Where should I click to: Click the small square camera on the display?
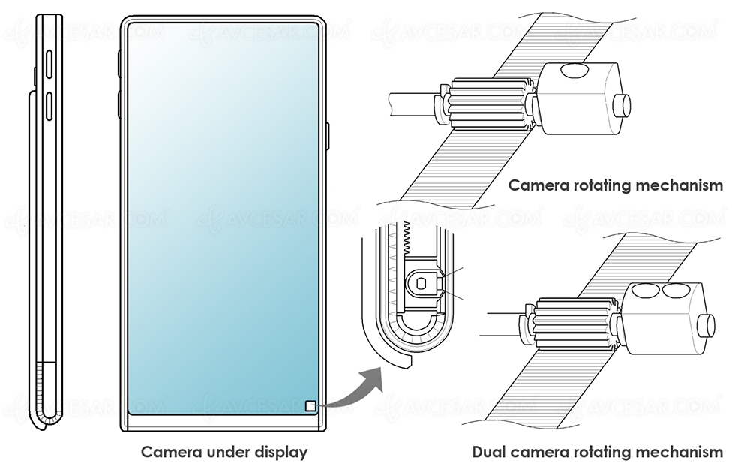point(311,407)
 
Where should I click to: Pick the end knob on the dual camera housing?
point(706,325)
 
